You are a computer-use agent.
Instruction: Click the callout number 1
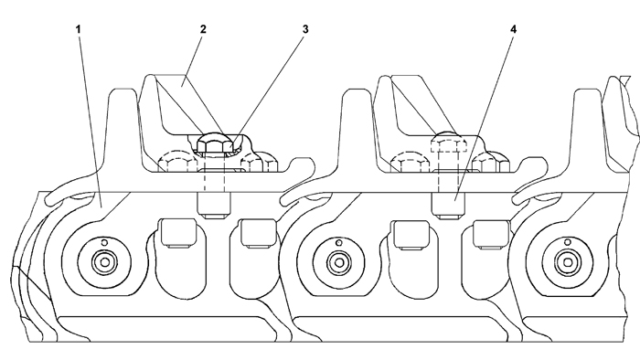tap(78, 29)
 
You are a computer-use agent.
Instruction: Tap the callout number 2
tap(203, 29)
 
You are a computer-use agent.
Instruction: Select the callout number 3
tap(305, 29)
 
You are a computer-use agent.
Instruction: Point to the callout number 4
tap(514, 29)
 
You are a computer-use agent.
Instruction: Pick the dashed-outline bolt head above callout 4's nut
tap(449, 145)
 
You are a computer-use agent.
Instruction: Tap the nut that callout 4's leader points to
tap(449, 205)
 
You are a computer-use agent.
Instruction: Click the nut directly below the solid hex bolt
tap(214, 205)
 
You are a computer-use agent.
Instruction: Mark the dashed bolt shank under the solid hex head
tap(214, 173)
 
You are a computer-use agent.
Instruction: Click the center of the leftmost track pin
tap(105, 261)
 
